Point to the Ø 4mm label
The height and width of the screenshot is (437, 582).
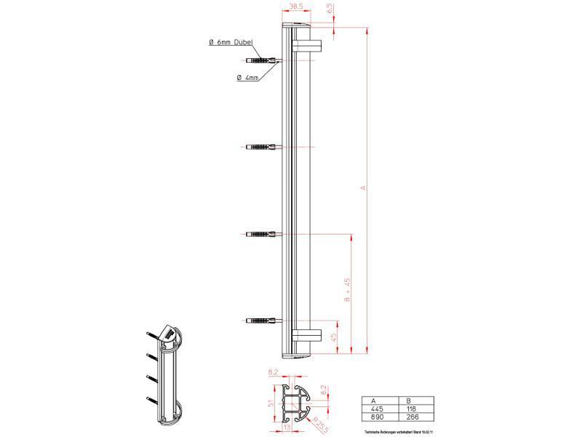[x=247, y=77]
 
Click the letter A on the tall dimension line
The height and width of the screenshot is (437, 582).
[x=363, y=189]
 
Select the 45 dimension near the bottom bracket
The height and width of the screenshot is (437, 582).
[x=334, y=337]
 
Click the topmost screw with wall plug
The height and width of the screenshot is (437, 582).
[x=262, y=60]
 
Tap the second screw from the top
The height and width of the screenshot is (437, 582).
[x=262, y=147]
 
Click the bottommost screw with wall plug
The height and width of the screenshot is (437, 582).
[x=262, y=320]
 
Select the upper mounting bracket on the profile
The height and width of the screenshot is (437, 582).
[x=307, y=46]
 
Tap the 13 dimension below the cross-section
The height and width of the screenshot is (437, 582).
[x=289, y=428]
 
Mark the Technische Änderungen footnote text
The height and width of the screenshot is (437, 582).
[x=396, y=432]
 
